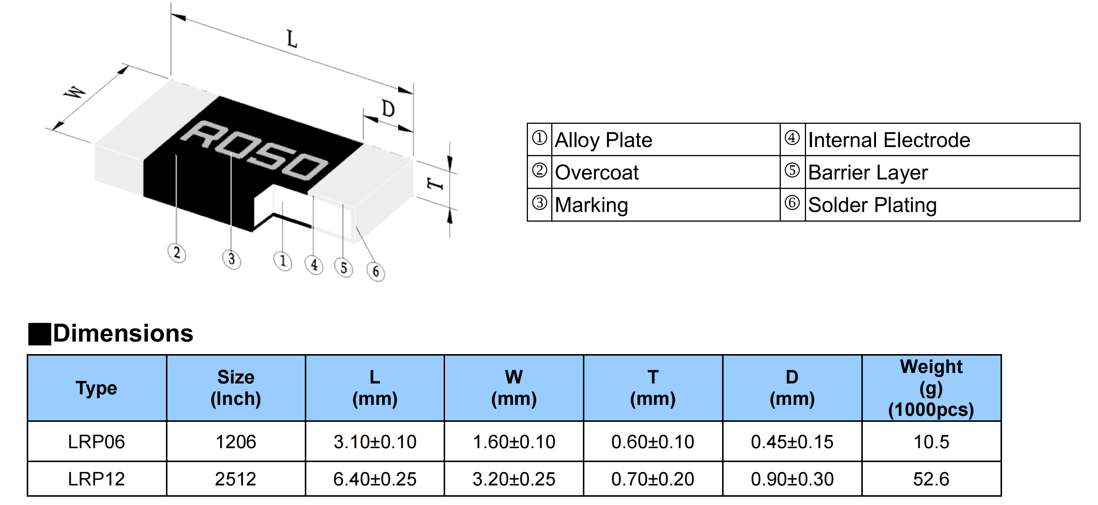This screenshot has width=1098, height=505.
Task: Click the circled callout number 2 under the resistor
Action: click(176, 253)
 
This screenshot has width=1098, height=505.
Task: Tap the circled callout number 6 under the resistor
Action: click(376, 271)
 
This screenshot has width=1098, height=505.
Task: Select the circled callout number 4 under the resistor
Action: click(314, 265)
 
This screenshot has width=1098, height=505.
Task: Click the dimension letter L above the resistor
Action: click(292, 39)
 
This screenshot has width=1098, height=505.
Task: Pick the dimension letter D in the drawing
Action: click(388, 109)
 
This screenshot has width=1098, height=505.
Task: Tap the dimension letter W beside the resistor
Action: click(75, 93)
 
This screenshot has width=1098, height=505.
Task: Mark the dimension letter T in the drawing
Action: click(435, 184)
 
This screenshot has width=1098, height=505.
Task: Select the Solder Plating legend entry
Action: click(872, 205)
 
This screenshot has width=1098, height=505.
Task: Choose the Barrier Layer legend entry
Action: click(868, 173)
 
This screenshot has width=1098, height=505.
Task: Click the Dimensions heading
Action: click(123, 333)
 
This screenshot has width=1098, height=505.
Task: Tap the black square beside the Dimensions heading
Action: click(39, 334)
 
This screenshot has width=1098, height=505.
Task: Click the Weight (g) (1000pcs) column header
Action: click(931, 388)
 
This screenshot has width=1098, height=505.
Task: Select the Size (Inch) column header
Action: click(236, 388)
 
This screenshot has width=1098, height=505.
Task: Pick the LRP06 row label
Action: click(96, 442)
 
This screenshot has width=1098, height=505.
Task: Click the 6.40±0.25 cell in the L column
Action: click(375, 479)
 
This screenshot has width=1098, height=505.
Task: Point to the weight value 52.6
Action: click(931, 479)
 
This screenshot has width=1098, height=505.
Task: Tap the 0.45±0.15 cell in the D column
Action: click(792, 442)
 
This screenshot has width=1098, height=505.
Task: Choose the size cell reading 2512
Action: click(236, 479)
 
